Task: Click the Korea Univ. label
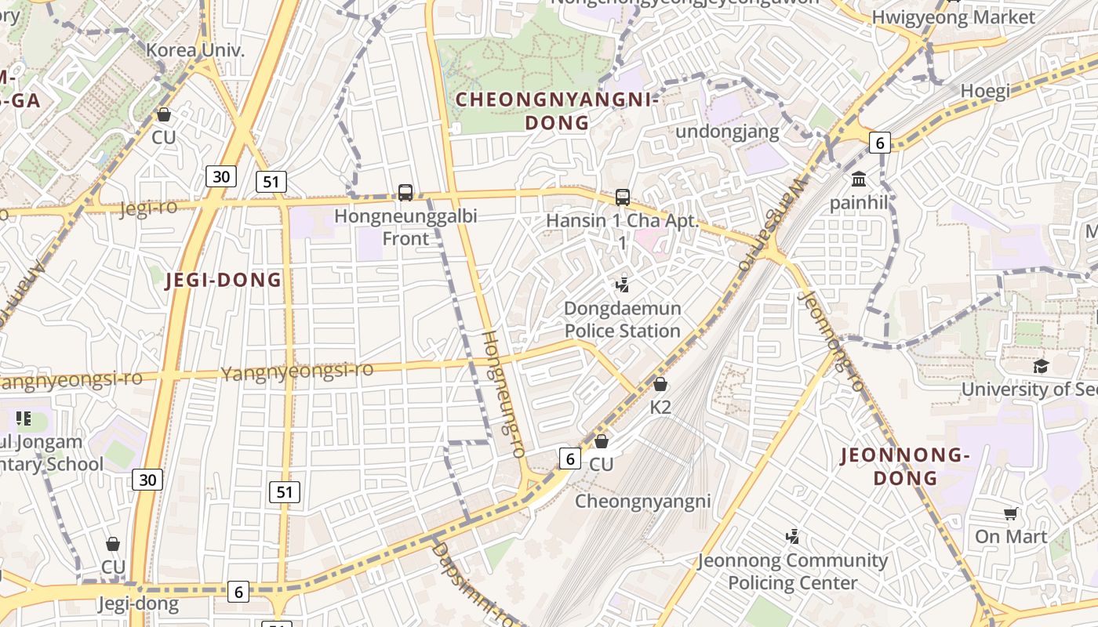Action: [195, 51]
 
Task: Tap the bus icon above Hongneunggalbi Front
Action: [405, 192]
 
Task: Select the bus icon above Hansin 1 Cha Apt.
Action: [623, 198]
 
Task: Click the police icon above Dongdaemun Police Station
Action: [623, 285]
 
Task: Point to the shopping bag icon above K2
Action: [660, 384]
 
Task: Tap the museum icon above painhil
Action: [859, 179]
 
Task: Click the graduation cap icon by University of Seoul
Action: [1041, 366]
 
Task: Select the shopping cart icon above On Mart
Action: [1011, 514]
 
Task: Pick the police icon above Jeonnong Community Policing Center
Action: [793, 538]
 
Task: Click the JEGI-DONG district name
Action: [224, 281]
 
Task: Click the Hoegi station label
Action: [985, 91]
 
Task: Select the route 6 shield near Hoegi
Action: [880, 143]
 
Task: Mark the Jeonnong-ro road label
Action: [831, 341]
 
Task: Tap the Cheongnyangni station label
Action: [643, 502]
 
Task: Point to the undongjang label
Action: [727, 131]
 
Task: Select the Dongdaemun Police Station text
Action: [623, 320]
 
